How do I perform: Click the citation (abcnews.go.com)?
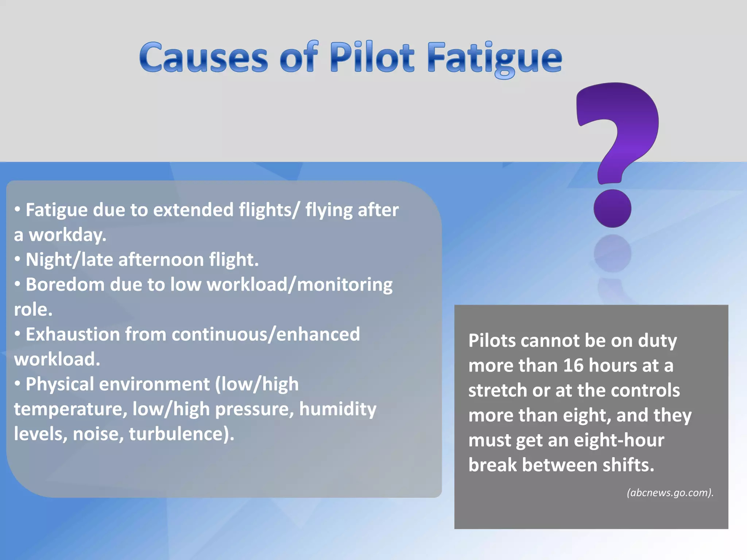coord(670,493)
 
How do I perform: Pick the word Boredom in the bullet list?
coord(65,284)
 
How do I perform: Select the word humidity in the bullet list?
coord(337,409)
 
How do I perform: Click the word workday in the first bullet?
coord(67,235)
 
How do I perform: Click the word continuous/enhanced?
coord(266,334)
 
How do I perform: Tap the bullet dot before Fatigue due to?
coord(18,209)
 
